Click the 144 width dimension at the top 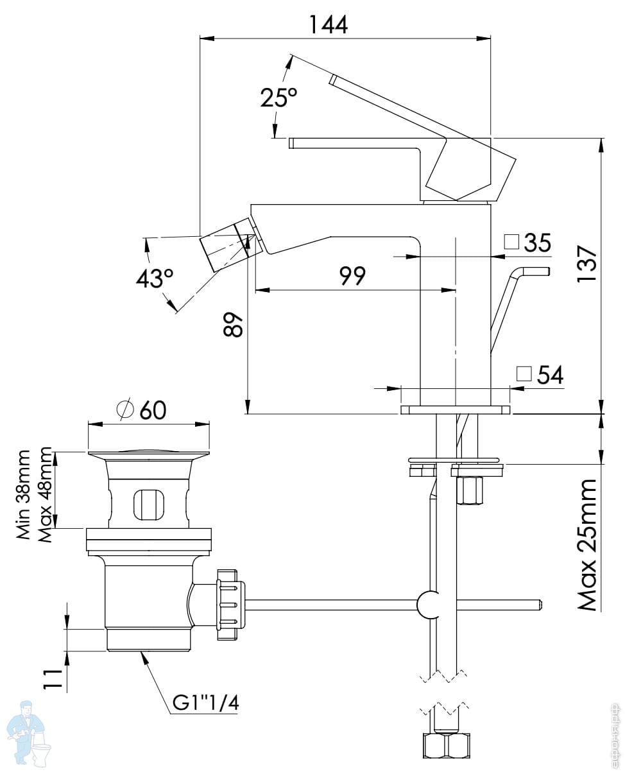(328, 24)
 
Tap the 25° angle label (278, 98)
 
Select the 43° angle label (154, 278)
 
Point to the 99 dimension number (352, 276)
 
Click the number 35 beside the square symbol (538, 243)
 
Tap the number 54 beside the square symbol (550, 375)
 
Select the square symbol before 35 (511, 241)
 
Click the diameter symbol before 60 (125, 409)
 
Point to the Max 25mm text (587, 544)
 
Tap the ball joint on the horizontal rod (429, 605)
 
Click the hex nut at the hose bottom (446, 746)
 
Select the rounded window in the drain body (149, 503)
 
